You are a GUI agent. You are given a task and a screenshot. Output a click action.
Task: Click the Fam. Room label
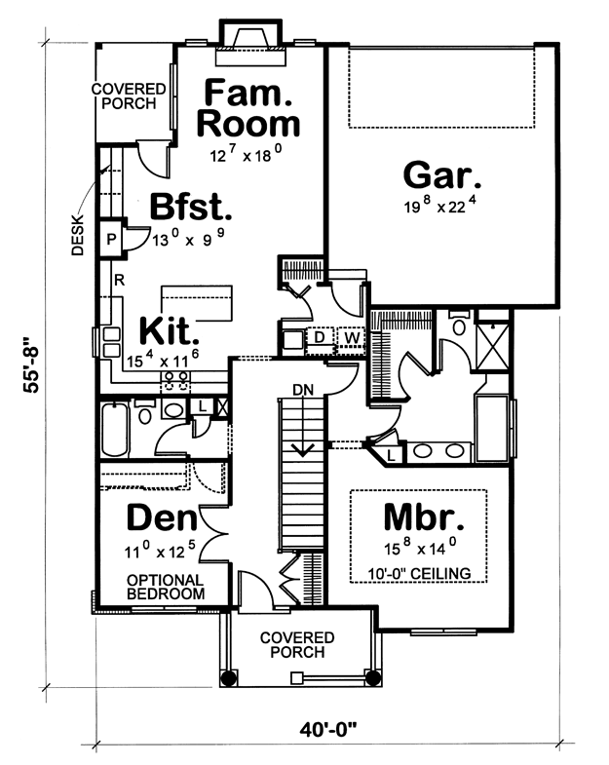247,108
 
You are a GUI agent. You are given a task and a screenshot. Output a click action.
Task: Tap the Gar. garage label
442,175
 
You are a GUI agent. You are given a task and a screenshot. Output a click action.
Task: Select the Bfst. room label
190,207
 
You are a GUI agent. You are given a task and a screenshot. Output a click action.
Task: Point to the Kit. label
169,330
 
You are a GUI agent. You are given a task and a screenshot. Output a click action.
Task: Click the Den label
162,517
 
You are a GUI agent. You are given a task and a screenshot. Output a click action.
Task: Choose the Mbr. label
424,517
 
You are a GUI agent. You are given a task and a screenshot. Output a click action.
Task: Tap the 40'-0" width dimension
328,730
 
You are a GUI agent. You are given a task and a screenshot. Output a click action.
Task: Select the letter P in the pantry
112,239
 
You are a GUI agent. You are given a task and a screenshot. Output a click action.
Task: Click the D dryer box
320,337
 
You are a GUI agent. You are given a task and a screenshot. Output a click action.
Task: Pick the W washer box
352,337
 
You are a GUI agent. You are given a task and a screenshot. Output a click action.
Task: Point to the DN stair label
302,390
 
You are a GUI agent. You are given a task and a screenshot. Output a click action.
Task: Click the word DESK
78,235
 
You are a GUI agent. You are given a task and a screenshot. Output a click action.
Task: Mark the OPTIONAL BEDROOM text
166,587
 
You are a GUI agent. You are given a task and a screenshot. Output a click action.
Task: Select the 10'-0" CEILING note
419,573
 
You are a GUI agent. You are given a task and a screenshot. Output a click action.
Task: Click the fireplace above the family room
250,42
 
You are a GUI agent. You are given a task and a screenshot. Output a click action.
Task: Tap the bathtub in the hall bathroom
115,430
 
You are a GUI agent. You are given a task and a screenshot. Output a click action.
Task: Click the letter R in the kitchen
119,280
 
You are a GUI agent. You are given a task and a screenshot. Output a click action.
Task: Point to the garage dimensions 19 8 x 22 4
439,205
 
